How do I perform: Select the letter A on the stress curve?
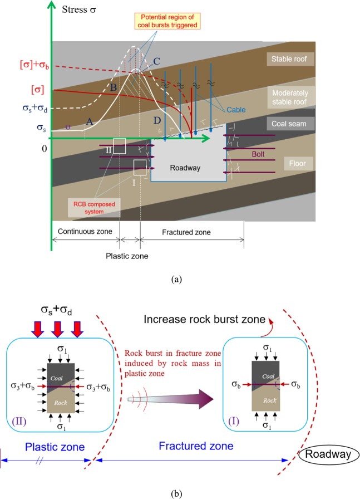[88, 125]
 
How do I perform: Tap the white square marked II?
[119, 146]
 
